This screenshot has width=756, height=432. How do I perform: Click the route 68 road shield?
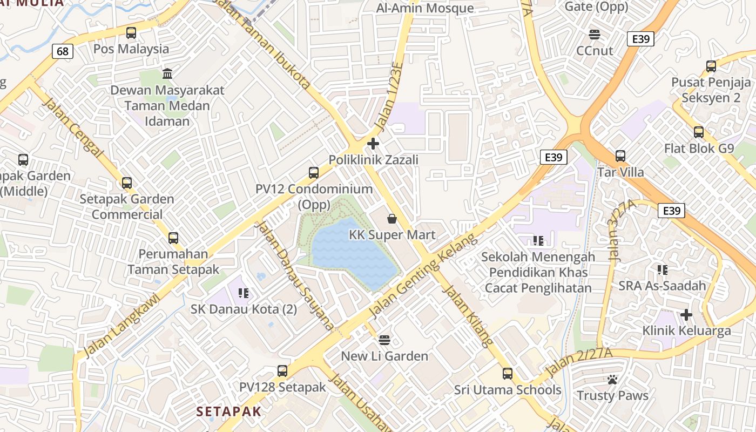click(x=63, y=51)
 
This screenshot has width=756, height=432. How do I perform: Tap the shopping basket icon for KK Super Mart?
click(x=392, y=219)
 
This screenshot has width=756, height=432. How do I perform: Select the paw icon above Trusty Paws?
click(x=612, y=380)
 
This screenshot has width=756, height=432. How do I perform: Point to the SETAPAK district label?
click(x=228, y=411)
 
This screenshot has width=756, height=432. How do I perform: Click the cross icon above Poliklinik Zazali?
click(x=373, y=144)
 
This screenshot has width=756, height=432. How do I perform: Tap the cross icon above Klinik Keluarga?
click(x=686, y=314)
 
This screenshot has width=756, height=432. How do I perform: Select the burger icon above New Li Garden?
click(x=384, y=340)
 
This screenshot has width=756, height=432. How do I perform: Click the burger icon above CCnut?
click(x=595, y=35)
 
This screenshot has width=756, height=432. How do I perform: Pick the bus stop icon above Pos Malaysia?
click(x=131, y=32)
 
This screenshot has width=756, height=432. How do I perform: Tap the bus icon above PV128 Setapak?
click(x=282, y=371)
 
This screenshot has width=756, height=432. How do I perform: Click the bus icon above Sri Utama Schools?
click(x=507, y=373)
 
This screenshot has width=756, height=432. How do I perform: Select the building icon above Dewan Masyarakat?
click(x=167, y=73)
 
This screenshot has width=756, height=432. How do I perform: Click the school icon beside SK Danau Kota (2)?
click(x=244, y=293)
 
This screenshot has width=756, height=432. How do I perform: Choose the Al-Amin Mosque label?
click(x=424, y=8)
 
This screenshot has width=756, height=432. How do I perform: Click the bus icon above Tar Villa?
click(x=620, y=156)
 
